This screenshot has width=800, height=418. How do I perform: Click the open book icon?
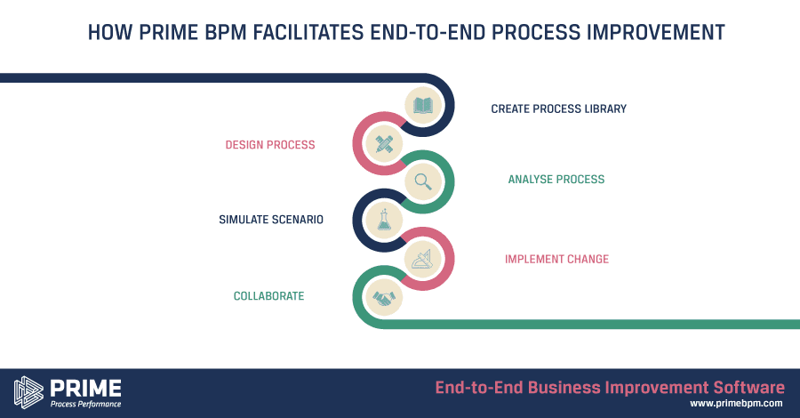pos(423,106)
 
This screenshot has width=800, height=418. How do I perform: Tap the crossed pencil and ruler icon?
pos(384,143)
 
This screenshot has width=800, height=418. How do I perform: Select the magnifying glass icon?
pos(423,181)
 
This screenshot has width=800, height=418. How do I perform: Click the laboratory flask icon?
pos(384,220)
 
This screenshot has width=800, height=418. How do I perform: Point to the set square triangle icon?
pos(422,259)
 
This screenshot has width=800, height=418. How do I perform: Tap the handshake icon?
pos(384,298)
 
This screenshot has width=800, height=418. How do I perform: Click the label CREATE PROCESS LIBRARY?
pos(559,109)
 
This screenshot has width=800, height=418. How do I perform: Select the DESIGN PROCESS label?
pos(270,145)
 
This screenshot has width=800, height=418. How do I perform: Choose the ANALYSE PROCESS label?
pos(556,179)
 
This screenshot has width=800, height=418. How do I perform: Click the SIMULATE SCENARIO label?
pos(271,220)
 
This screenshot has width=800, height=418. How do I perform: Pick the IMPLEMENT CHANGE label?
pos(556,260)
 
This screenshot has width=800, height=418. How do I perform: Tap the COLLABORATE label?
pos(268,296)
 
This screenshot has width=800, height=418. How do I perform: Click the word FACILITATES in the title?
pos(308,32)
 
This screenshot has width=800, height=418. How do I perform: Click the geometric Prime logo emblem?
pos(28,392)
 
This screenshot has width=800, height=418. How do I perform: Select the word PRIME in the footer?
pos(85,389)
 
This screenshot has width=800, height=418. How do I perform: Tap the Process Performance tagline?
pos(85,405)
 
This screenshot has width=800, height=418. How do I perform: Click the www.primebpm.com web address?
pos(736,404)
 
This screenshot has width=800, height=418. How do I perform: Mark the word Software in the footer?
pos(749,388)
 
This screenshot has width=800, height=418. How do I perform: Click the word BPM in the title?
pos(225,32)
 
